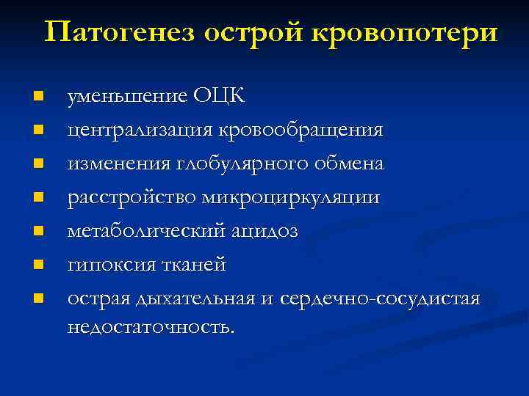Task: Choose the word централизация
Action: (140, 131)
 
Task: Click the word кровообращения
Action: (301, 131)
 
